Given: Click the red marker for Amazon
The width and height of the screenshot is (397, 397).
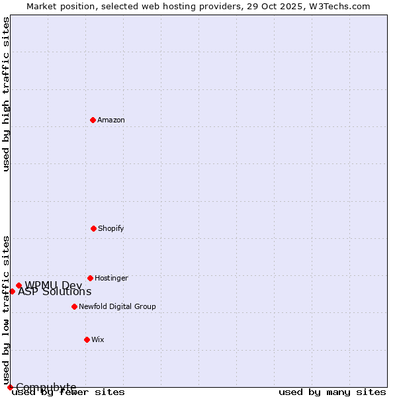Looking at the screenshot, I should coord(93,120).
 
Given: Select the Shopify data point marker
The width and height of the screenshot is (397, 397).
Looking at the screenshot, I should coord(93,228).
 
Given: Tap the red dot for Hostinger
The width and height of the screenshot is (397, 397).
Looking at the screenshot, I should coord(90,278).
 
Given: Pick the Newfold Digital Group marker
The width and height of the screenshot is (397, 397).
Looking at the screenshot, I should coord(74,306).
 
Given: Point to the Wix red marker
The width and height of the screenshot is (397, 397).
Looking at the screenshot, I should coord(87,339).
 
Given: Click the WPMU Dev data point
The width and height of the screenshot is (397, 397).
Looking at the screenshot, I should coord(19,286).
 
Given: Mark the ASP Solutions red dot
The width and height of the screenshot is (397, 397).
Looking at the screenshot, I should coord(12,291).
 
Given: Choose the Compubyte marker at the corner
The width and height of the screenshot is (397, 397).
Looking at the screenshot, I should coord(10,387).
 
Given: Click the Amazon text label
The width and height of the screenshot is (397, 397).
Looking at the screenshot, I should coord(111,120).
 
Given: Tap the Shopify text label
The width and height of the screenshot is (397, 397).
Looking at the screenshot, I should coord(111,229).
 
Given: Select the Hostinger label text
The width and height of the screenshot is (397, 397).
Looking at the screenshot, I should coord(111,279).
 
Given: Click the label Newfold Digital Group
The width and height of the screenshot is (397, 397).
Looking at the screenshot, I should coord(117,307).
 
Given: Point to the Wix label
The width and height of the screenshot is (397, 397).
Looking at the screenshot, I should coord(98,340).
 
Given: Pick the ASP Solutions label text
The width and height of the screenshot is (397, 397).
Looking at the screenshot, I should coord(54,292).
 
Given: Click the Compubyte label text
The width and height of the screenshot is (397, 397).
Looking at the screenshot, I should coord(46,387).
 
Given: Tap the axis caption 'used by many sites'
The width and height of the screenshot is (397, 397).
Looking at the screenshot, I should coord(332,392).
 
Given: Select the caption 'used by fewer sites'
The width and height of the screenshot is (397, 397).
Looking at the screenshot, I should coord(68,392).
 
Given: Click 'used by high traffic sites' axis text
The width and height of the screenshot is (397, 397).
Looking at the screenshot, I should coord(6,94).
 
